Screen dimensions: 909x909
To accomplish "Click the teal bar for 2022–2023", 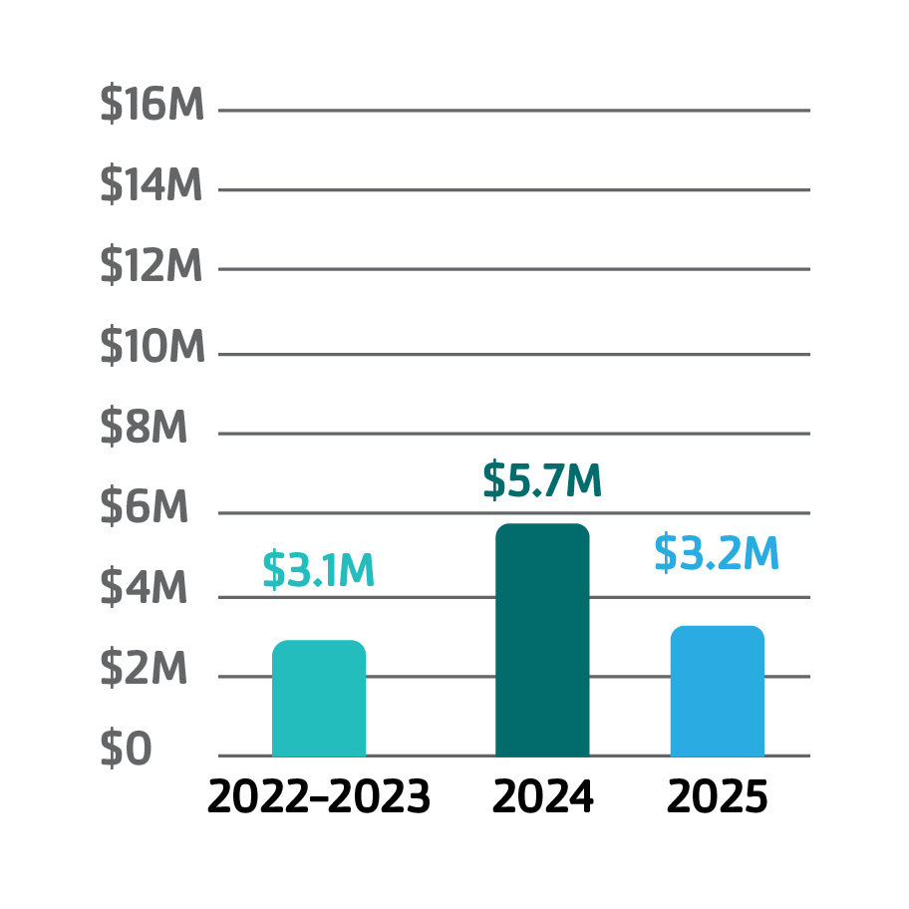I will pyautogui.click(x=319, y=699).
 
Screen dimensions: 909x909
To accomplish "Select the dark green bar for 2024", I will pyautogui.click(x=542, y=640).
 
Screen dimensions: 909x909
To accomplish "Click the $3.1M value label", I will pyautogui.click(x=318, y=569).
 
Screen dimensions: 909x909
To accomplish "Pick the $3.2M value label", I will pyautogui.click(x=716, y=554).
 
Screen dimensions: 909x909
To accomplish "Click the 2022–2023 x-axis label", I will pyautogui.click(x=319, y=797).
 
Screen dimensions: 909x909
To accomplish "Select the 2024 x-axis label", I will pyautogui.click(x=543, y=797).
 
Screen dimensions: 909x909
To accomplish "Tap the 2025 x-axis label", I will pyautogui.click(x=718, y=797).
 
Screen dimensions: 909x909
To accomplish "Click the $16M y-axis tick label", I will pyautogui.click(x=152, y=106).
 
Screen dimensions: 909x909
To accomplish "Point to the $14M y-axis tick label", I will pyautogui.click(x=151, y=185).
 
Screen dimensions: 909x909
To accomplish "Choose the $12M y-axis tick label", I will pyautogui.click(x=151, y=266).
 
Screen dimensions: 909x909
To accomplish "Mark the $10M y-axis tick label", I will pyautogui.click(x=152, y=347).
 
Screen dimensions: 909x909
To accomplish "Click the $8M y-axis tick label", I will pyautogui.click(x=144, y=428).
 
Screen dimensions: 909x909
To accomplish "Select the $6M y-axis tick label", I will pyautogui.click(x=144, y=508).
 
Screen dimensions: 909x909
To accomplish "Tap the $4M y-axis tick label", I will pyautogui.click(x=144, y=589).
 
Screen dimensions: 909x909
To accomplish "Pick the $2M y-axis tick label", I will pyautogui.click(x=144, y=670).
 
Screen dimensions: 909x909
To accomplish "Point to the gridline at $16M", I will pyautogui.click(x=513, y=110).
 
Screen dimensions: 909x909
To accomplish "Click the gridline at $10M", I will pyautogui.click(x=513, y=354).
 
